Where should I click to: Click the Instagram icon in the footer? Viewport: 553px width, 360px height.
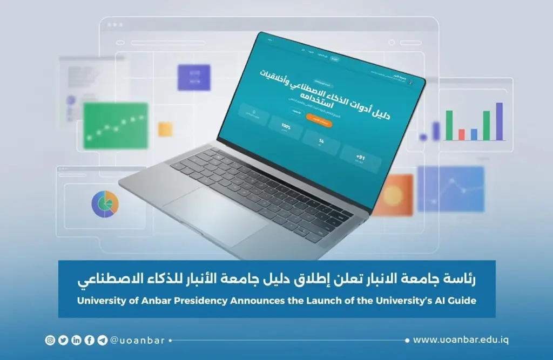50,340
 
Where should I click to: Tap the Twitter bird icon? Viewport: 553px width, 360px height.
63,340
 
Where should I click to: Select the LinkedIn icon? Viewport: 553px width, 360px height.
76,340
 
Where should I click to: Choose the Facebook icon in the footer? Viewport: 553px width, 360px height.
89,340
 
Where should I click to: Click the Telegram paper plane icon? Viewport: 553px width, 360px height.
102,340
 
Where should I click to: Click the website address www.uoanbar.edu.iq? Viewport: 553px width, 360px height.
461,340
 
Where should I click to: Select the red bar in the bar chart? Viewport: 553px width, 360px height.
461,134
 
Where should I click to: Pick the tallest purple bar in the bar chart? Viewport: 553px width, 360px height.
499,121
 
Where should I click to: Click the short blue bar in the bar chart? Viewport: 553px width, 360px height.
474,134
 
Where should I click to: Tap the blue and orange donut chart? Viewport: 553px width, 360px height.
105,203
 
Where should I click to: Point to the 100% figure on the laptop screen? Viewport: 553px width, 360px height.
286,127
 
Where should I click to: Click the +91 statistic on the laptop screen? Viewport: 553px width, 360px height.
360,158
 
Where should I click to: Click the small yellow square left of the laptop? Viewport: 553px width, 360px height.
165,129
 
